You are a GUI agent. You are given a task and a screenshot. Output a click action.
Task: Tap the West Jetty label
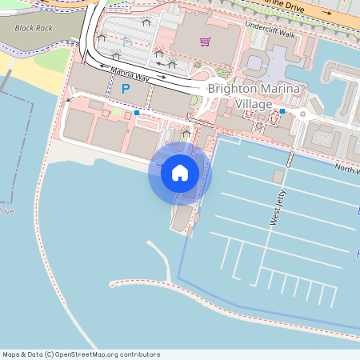(275, 208)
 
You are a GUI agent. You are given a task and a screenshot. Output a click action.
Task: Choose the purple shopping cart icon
(206, 41)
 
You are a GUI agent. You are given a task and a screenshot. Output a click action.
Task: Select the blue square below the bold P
(137, 114)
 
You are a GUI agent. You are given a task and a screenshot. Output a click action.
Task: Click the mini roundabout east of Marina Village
(303, 114)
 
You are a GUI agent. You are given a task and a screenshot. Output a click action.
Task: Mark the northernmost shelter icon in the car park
(145, 22)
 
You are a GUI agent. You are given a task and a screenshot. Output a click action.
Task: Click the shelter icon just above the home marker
(186, 134)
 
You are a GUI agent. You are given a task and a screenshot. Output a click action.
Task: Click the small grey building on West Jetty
(278, 176)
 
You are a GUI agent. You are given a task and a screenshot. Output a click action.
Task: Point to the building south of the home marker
(182, 216)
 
